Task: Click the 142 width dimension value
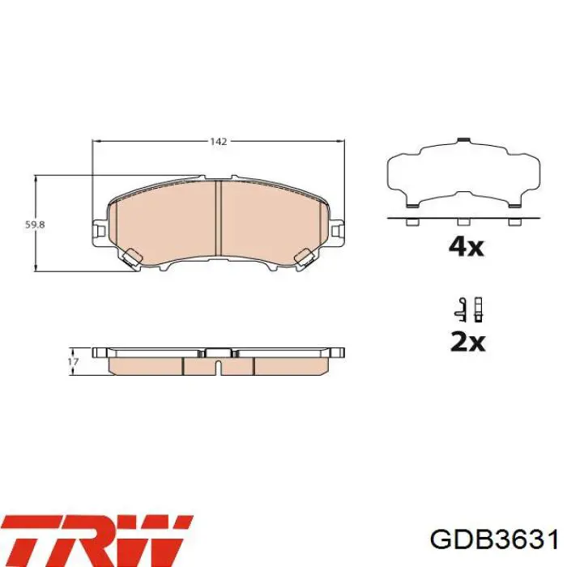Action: [x=219, y=142]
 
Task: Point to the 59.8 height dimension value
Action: [x=35, y=224]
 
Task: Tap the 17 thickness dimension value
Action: [x=74, y=362]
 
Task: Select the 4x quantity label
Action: [x=466, y=247]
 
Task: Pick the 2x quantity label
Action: [x=467, y=342]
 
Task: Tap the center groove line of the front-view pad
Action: [x=218, y=218]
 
